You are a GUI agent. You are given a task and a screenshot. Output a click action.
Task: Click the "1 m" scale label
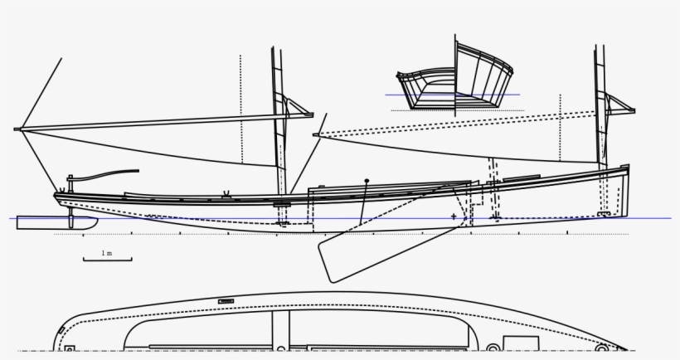click(x=107, y=253)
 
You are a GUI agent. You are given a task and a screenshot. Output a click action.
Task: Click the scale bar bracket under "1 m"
click(x=108, y=260)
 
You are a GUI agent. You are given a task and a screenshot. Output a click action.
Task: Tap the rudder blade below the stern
click(x=56, y=223)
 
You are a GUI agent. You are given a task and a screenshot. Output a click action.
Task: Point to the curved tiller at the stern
click(x=104, y=175)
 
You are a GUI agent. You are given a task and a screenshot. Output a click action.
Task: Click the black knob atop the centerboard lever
click(x=367, y=181)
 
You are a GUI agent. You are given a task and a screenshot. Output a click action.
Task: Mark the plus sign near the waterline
click(x=454, y=216)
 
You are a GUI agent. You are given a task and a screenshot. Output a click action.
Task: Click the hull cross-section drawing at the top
click(x=454, y=78)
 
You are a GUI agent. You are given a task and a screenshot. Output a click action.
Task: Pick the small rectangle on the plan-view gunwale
click(x=226, y=301)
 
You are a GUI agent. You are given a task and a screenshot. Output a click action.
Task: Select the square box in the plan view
click(x=521, y=343)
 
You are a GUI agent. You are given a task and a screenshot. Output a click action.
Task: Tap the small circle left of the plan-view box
click(x=493, y=348)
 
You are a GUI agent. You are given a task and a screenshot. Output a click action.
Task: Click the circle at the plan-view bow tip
click(x=602, y=348)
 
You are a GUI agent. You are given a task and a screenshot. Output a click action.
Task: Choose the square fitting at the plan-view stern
click(x=70, y=348)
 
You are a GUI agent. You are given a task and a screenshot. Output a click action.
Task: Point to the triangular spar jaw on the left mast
click(x=299, y=108)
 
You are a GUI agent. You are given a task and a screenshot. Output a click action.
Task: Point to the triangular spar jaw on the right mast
click(x=621, y=105)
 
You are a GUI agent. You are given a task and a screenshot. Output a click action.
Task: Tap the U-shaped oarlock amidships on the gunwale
click(x=226, y=193)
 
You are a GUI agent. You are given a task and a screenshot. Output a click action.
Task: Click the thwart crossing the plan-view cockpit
click(x=280, y=329)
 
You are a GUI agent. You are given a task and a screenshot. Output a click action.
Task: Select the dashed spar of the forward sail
click(x=454, y=124)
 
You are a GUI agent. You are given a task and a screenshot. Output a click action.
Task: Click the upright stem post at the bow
click(x=625, y=190)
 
